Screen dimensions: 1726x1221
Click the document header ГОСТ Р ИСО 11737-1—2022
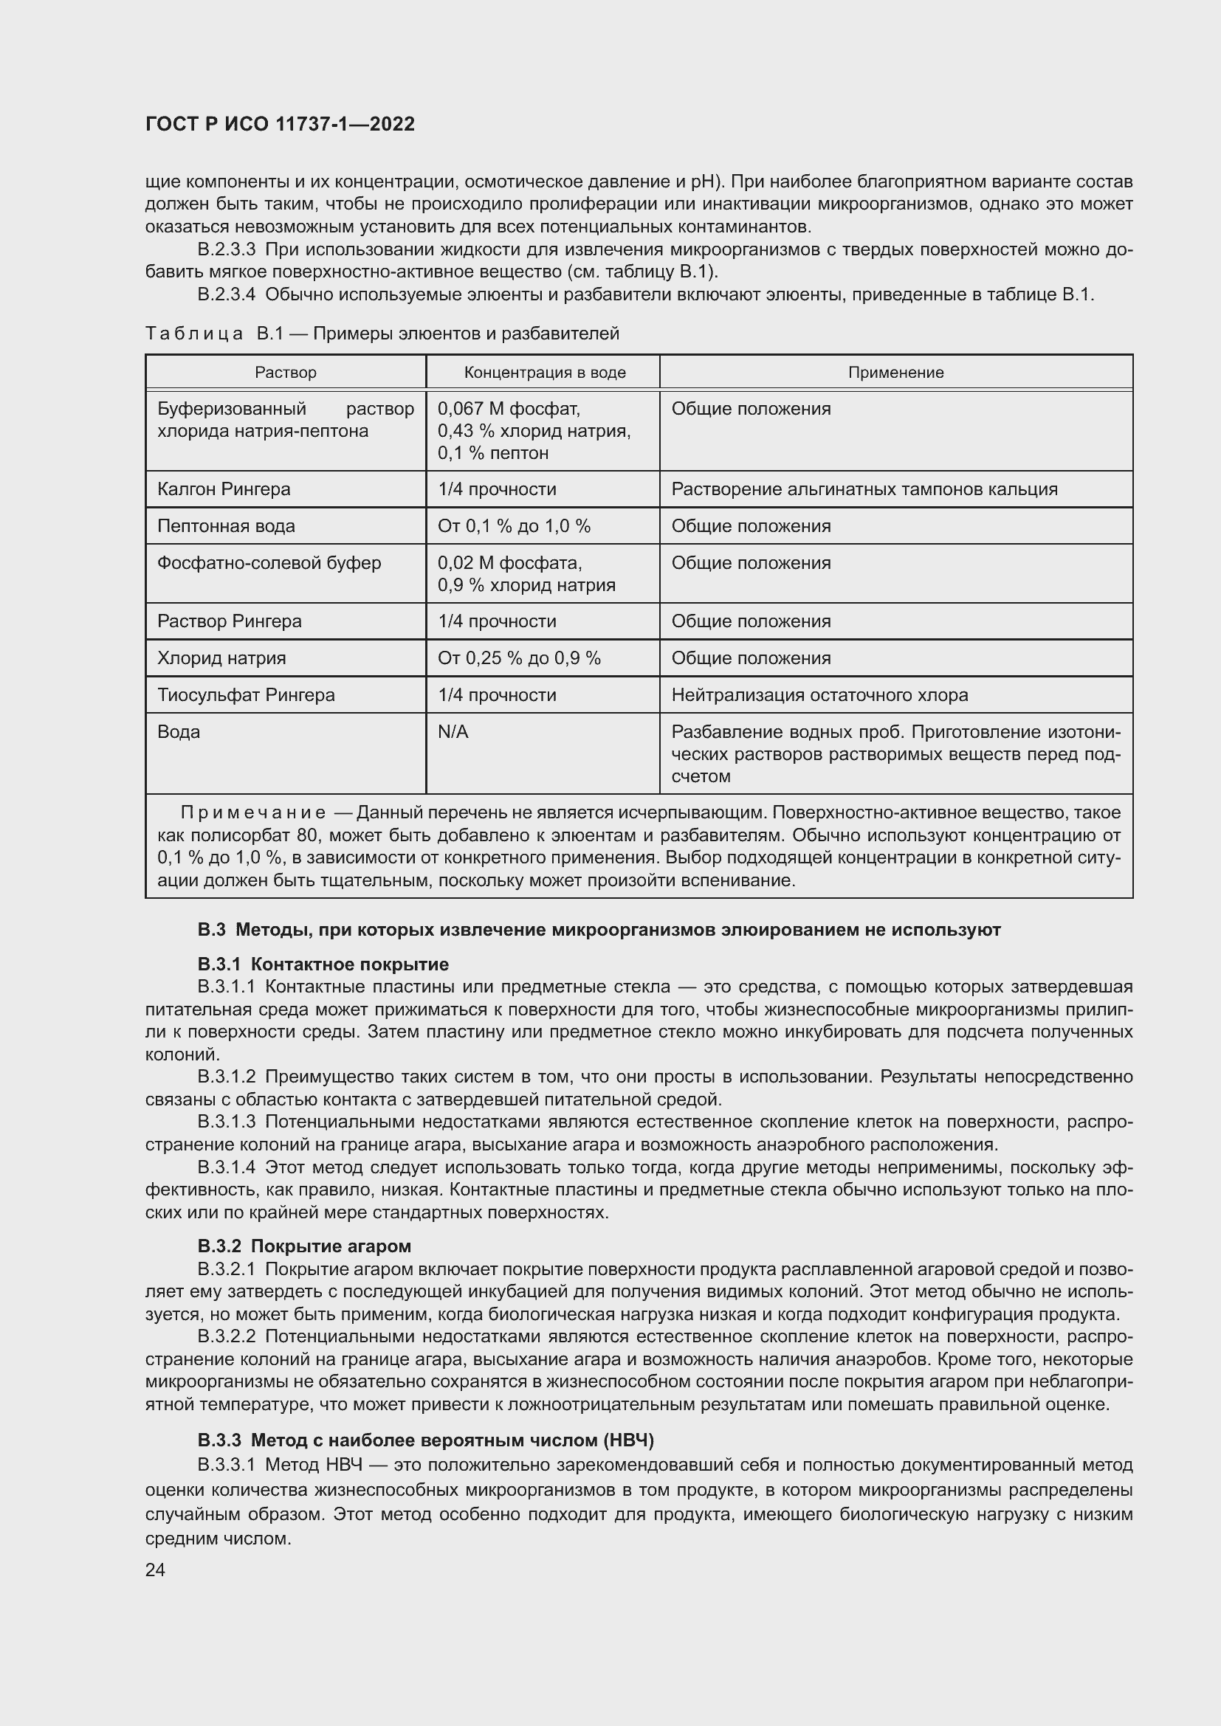(280, 124)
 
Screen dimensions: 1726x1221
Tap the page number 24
(155, 1570)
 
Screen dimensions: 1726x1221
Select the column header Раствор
(286, 372)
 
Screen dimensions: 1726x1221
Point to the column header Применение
(895, 372)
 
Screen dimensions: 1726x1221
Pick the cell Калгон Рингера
(224, 489)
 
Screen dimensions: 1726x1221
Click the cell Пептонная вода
(227, 526)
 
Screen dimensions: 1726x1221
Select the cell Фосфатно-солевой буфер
(269, 563)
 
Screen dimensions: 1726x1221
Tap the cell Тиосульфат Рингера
(246, 694)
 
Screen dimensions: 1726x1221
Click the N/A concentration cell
(453, 731)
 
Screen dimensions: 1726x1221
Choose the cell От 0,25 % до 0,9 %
(520, 657)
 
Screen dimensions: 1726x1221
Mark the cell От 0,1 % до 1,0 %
(515, 526)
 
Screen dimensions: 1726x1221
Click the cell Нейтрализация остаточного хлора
(819, 694)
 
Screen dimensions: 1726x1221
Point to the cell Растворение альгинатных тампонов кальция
(864, 489)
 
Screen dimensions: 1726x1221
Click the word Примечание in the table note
(252, 812)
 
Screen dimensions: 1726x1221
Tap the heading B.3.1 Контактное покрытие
(323, 964)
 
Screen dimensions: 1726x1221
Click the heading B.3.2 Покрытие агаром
(304, 1246)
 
